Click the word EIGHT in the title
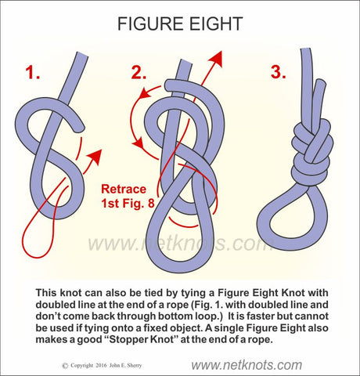click(216, 23)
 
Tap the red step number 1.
click(33, 72)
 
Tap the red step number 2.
click(139, 72)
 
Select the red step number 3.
click(278, 72)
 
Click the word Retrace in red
click(124, 189)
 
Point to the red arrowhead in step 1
click(94, 157)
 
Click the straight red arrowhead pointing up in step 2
click(216, 60)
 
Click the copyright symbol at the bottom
click(66, 366)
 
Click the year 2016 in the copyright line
click(100, 366)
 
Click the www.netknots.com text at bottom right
click(247, 365)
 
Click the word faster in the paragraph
click(257, 316)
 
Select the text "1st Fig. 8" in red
click(128, 204)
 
